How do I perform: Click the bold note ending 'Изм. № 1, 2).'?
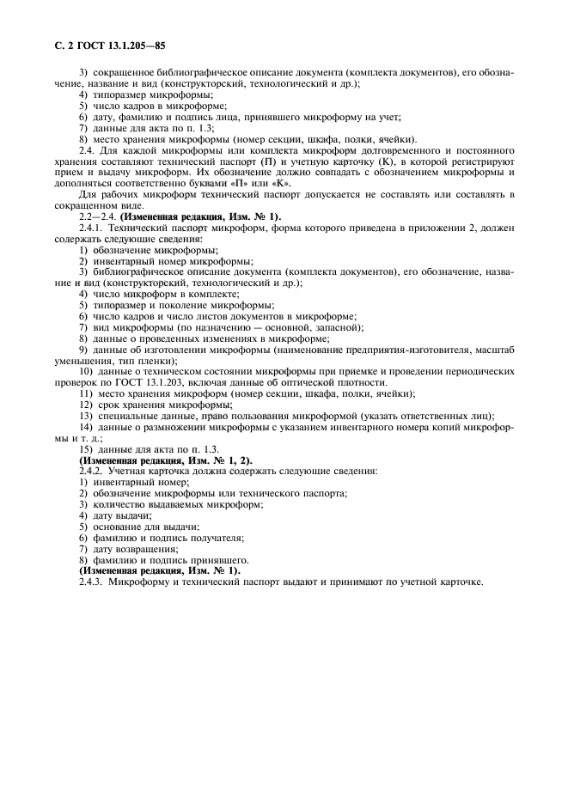pos(154,460)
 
